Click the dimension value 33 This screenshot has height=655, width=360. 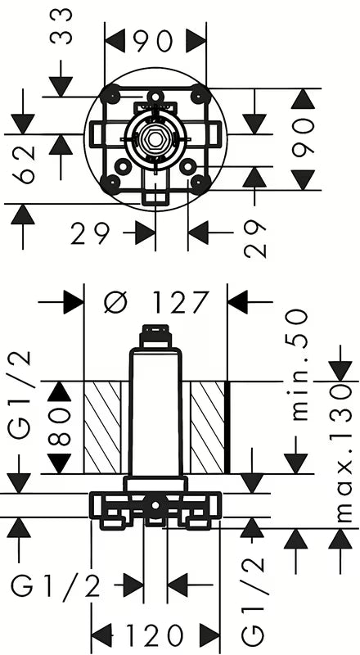(61, 26)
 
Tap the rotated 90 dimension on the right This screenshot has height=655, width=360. (304, 138)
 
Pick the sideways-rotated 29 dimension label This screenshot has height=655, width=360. (254, 239)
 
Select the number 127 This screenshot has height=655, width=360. (180, 301)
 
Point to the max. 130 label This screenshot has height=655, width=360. (344, 454)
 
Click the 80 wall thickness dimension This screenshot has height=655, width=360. (59, 427)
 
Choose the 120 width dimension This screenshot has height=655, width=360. (155, 635)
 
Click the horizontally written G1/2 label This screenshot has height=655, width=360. (55, 586)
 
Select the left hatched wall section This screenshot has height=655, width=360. (102, 427)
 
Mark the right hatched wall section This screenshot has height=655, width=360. (208, 427)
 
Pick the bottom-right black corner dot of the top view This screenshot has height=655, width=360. (200, 183)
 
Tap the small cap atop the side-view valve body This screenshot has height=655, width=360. (155, 336)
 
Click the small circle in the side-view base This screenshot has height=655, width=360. (155, 505)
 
